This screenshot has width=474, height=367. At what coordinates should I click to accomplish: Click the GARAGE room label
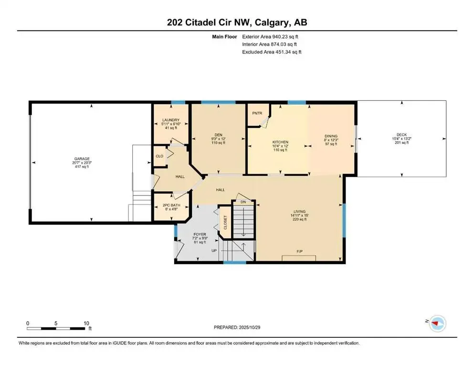point(81,159)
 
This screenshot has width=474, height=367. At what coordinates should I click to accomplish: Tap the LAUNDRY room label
point(170,120)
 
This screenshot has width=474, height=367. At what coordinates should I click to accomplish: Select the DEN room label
point(217,135)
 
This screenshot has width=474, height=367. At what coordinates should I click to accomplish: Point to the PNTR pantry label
point(257,113)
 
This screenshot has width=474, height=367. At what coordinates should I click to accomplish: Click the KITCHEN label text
point(280,142)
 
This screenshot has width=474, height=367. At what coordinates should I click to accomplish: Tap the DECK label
point(401,135)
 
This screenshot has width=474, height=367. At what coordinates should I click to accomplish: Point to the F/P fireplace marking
point(300,251)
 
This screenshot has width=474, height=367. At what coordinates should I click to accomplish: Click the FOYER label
point(199,235)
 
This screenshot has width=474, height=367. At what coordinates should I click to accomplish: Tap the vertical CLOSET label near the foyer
point(225,223)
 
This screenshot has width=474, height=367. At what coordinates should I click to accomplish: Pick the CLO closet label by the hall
point(159,156)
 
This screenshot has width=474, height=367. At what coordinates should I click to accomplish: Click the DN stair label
point(242,202)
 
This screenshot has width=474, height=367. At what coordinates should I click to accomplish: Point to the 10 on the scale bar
point(86,323)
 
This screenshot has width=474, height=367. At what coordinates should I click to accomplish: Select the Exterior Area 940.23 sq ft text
point(272,36)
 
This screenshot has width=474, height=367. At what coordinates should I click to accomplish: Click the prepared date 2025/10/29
point(257,327)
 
